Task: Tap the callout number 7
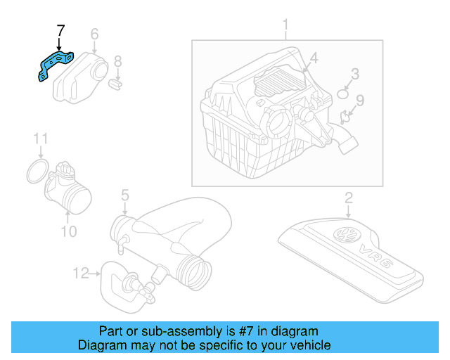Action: tap(60, 32)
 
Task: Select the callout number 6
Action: tap(94, 33)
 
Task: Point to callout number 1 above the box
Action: tap(285, 26)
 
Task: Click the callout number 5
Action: tap(124, 195)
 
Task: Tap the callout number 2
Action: tap(348, 198)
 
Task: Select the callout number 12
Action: tap(81, 272)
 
